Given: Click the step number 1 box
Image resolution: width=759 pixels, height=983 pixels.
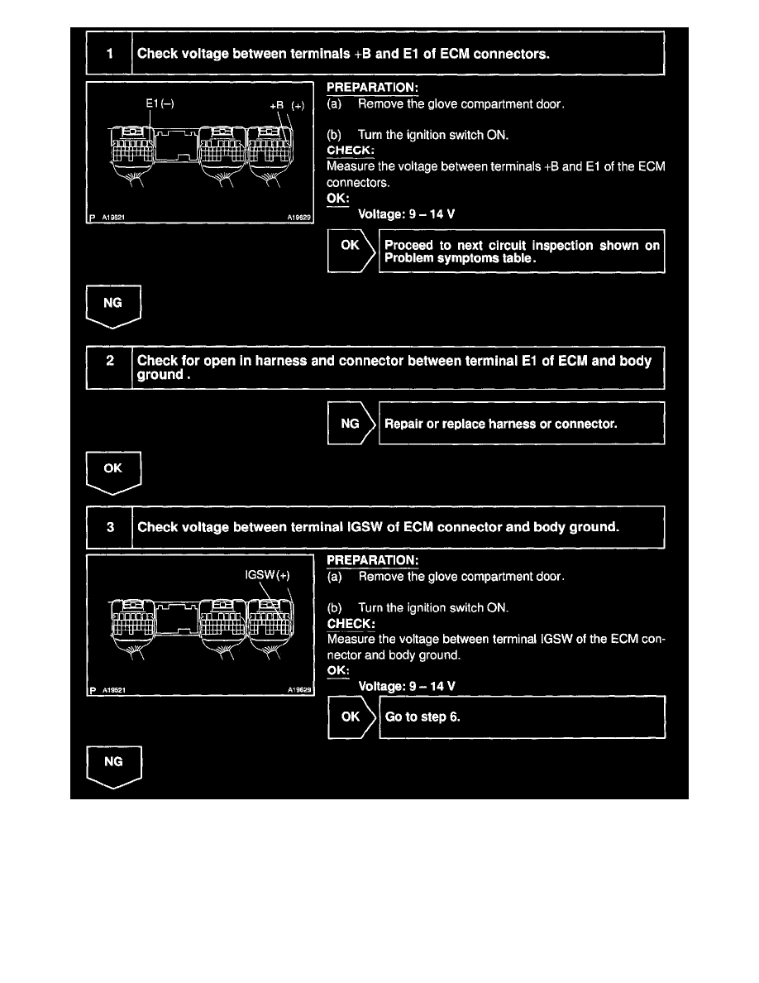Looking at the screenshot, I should click(x=110, y=55).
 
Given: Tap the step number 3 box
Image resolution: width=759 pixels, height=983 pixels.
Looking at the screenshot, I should click(x=110, y=527).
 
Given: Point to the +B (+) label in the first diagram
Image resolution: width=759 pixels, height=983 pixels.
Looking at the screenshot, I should click(x=287, y=105).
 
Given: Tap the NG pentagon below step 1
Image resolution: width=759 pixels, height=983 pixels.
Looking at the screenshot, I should click(x=113, y=304).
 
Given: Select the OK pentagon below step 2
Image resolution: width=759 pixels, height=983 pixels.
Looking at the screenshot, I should click(x=113, y=470).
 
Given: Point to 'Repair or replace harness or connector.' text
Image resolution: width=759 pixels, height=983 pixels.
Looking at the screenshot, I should click(x=501, y=424).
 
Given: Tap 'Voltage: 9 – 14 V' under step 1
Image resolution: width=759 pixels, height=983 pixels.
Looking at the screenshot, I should click(x=406, y=213).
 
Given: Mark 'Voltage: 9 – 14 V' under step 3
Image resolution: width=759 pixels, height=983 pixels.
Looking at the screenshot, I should click(x=406, y=686).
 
